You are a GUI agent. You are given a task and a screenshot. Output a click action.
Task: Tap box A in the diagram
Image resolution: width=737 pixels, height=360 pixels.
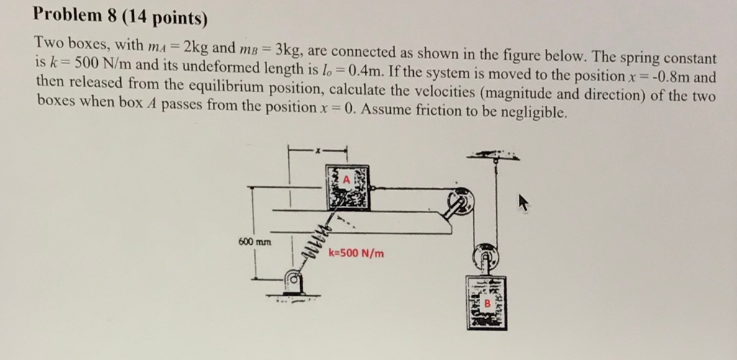(x=348, y=187)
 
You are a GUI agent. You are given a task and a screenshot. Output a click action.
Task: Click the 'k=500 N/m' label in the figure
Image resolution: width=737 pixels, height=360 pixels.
(x=356, y=253)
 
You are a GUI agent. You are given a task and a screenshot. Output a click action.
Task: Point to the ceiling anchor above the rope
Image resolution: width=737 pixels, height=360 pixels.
(x=494, y=156)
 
